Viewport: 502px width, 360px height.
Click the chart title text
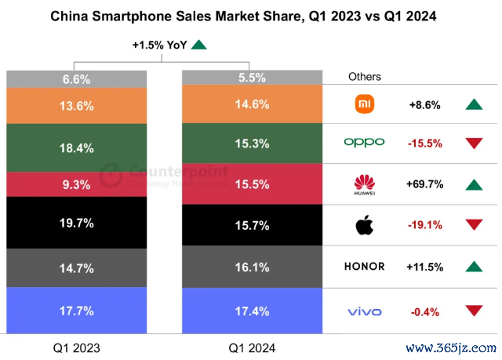[x=250, y=15]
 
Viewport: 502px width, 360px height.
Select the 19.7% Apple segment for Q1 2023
[x=77, y=223]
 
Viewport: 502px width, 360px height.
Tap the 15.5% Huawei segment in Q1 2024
[x=252, y=184]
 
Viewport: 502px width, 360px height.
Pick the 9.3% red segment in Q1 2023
[x=77, y=184]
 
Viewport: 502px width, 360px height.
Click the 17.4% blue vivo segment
[x=252, y=311]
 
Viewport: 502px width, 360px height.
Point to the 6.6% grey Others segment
[x=77, y=78]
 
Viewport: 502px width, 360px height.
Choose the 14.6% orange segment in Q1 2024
[x=252, y=104]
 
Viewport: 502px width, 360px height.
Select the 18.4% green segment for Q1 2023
[x=77, y=147]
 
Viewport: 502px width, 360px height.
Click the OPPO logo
[x=365, y=142]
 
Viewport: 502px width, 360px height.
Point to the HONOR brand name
[x=365, y=266]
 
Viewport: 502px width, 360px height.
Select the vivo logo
[x=365, y=311]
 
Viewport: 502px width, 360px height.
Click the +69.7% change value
[x=425, y=185]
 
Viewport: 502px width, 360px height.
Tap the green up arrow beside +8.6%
[x=473, y=104]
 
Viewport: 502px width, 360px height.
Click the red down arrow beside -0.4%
[x=473, y=311]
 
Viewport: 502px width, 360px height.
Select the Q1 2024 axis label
[x=252, y=346]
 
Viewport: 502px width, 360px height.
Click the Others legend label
[x=365, y=77]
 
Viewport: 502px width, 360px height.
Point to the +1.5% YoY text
[x=159, y=45]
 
